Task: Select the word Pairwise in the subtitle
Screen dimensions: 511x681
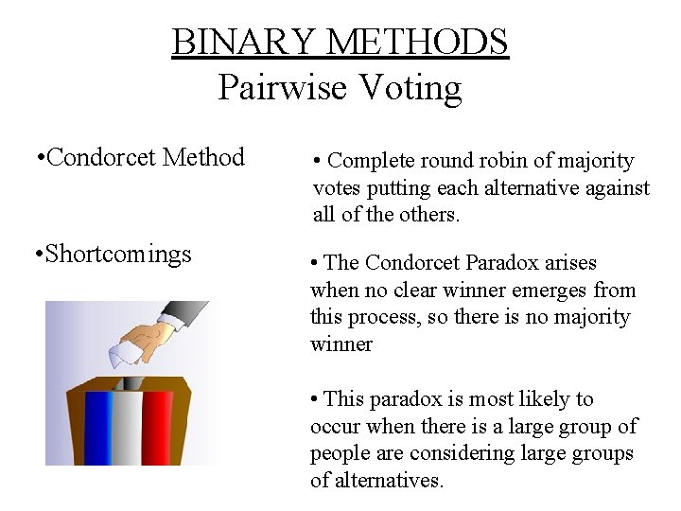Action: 281,87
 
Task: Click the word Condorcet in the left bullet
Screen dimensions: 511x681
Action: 101,157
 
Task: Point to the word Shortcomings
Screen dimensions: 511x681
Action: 118,254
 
